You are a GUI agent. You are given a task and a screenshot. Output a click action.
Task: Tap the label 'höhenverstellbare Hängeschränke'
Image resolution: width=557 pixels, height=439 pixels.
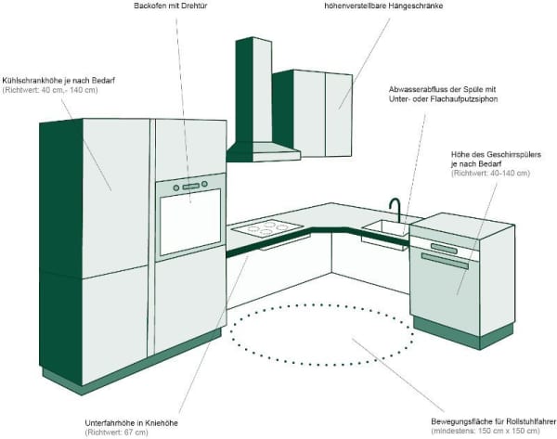pyautogui.click(x=368, y=6)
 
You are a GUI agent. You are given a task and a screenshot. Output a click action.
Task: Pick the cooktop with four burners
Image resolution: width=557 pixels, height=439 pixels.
pyautogui.click(x=267, y=226)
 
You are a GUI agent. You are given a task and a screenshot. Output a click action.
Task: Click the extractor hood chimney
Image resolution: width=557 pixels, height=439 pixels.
pyautogui.click(x=253, y=88)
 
